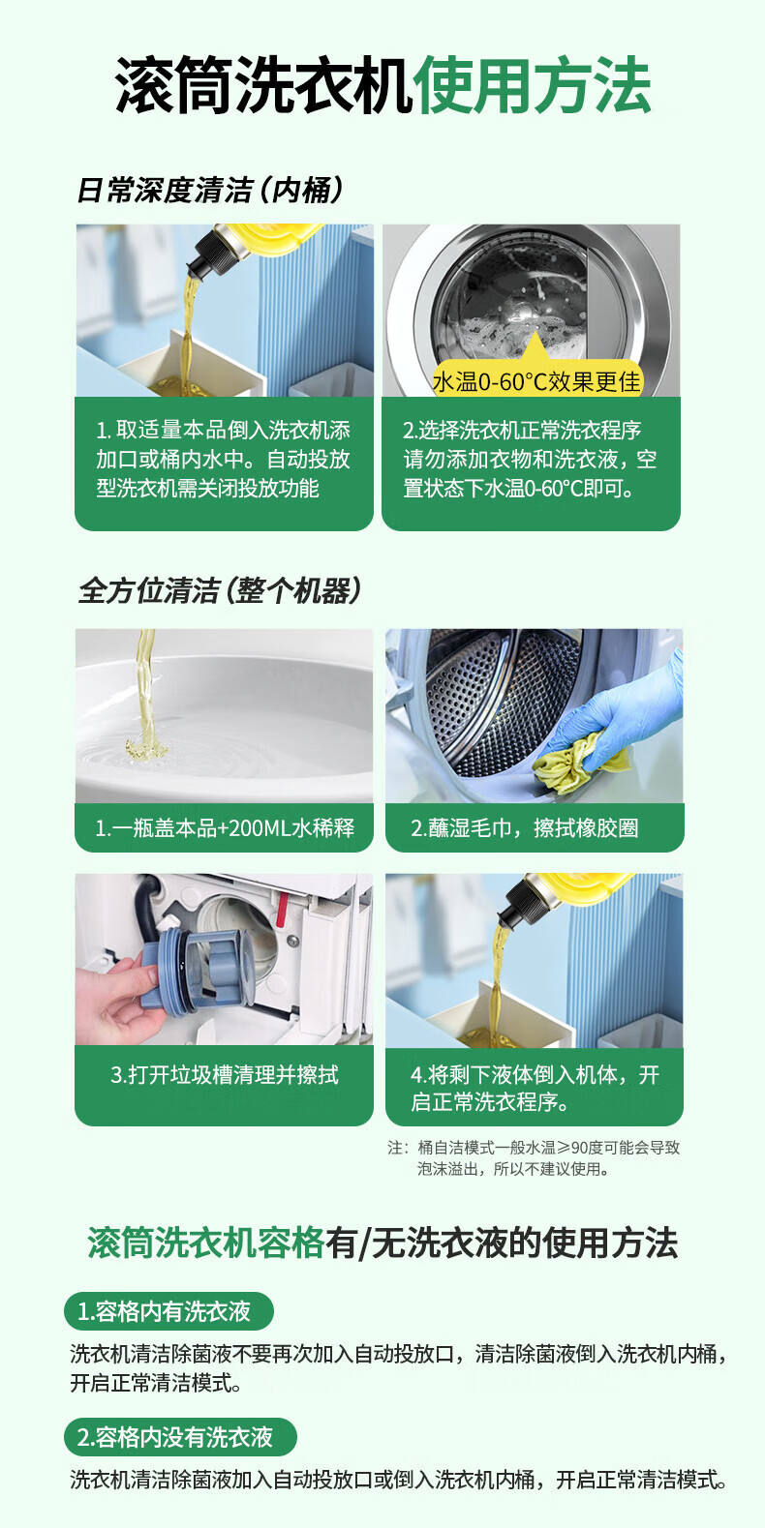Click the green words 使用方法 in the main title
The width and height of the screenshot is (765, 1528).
coord(534,85)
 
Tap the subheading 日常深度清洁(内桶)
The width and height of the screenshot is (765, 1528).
coord(210,191)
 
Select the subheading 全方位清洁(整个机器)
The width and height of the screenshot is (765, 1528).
coord(219,590)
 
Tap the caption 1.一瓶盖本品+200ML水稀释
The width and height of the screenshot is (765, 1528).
coord(225,827)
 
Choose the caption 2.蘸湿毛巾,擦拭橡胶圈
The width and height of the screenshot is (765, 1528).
coord(524,827)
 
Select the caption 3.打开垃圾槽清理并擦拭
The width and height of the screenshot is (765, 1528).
coord(225,1074)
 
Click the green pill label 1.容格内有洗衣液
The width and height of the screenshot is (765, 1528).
coord(168,1311)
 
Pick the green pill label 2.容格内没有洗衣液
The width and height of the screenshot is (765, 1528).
coord(180,1437)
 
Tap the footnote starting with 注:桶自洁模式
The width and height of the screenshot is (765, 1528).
coord(534,1158)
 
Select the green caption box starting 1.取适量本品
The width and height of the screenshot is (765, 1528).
coord(224,464)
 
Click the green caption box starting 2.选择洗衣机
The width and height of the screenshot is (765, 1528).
coord(531,464)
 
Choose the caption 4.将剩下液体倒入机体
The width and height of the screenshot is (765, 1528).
coord(535,1088)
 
